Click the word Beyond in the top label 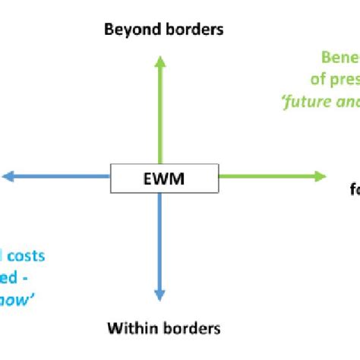[x=129, y=30]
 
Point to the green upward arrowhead [x=159, y=62]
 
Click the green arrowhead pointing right [x=319, y=176]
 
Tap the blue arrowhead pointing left [x=8, y=177]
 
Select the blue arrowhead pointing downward [x=159, y=295]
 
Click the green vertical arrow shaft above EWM [x=159, y=114]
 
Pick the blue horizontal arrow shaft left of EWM [x=61, y=177]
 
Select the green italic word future [x=308, y=99]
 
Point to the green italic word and [x=347, y=99]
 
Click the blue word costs [x=27, y=256]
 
